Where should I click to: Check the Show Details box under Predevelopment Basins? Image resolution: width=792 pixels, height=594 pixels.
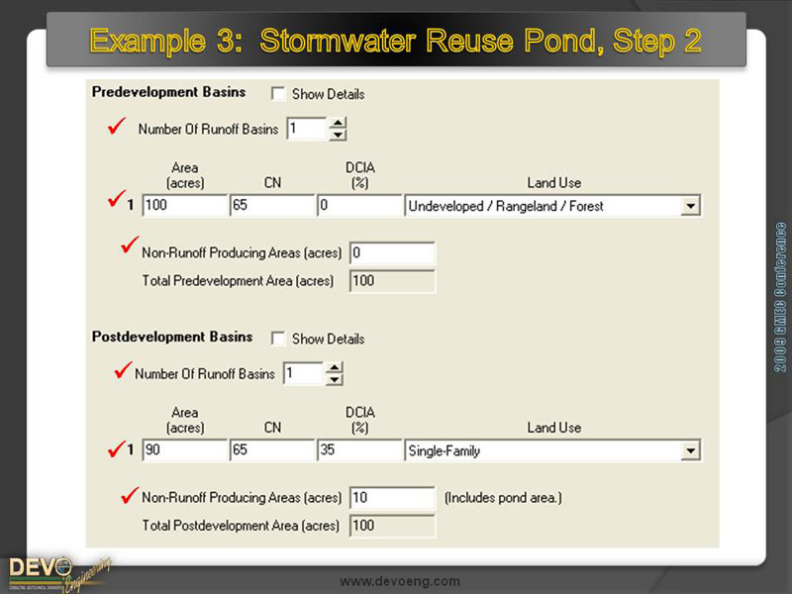(278, 94)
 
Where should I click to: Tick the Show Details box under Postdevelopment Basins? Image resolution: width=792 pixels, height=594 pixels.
(278, 339)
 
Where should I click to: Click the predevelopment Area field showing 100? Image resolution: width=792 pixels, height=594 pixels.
(185, 206)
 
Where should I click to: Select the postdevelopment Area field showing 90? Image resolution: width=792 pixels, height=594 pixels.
(185, 450)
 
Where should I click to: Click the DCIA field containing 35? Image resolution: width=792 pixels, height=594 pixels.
(359, 450)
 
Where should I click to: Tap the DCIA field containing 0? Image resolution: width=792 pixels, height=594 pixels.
(359, 206)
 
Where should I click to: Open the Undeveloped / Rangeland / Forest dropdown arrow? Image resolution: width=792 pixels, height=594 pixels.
(691, 206)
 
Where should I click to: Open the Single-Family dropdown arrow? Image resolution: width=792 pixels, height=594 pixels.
(691, 450)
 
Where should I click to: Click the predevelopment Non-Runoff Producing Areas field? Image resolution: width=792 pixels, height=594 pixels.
(392, 252)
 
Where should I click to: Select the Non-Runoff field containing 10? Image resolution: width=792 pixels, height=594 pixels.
(392, 497)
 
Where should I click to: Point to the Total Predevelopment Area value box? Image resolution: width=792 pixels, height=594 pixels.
(392, 280)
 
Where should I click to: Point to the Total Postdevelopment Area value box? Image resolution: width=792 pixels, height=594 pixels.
(392, 525)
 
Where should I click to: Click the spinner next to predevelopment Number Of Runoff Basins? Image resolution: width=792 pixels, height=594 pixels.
(338, 129)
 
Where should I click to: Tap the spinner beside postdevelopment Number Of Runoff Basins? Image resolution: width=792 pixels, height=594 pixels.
(335, 373)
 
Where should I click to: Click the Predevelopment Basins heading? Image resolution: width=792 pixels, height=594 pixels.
(168, 92)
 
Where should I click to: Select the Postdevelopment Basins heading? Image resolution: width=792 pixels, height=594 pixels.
(172, 337)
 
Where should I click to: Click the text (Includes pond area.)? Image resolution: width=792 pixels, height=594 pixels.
(503, 497)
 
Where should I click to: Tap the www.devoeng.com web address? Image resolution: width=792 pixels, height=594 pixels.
(400, 581)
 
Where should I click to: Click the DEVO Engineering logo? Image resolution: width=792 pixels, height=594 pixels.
(54, 571)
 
